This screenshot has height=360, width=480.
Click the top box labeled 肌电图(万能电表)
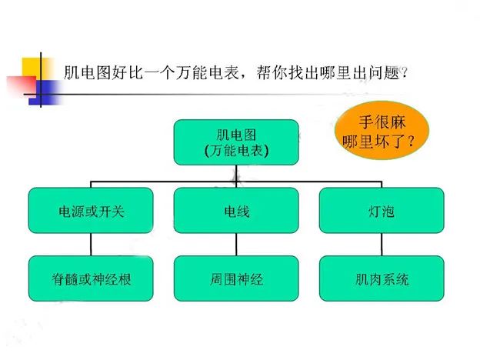click(x=236, y=142)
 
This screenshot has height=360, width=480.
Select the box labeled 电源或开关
click(x=91, y=210)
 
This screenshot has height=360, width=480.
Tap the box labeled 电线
click(x=236, y=210)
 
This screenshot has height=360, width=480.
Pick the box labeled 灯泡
click(x=382, y=210)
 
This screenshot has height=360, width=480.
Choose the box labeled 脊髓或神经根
click(x=91, y=278)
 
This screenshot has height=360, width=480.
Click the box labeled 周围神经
click(x=236, y=278)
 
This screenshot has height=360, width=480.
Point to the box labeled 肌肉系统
click(x=382, y=278)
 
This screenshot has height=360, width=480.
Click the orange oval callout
click(x=382, y=131)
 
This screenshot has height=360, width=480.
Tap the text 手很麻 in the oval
click(x=382, y=122)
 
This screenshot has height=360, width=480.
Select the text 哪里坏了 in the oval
click(x=372, y=141)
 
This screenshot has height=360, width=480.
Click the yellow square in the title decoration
click(x=35, y=68)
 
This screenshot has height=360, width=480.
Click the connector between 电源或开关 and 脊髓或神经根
click(x=91, y=245)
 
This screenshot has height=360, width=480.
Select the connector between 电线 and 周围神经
click(x=236, y=245)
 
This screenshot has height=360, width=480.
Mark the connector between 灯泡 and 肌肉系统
click(x=382, y=245)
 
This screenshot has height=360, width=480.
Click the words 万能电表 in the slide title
click(x=207, y=73)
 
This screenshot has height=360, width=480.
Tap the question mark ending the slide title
click(x=404, y=73)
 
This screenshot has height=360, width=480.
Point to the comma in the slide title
click(x=244, y=76)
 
